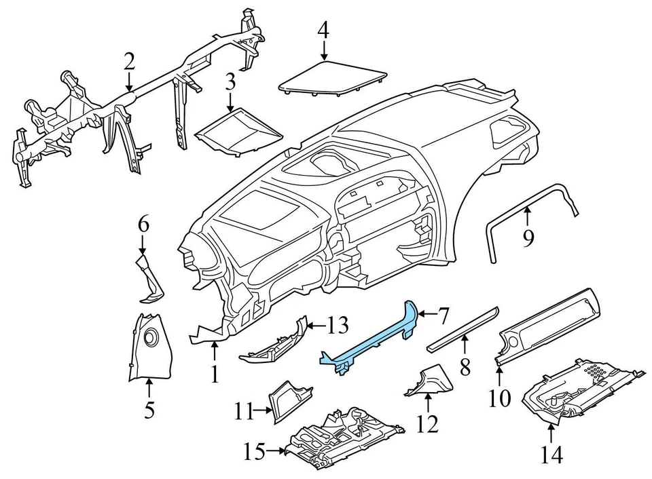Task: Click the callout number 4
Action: coord(323,30)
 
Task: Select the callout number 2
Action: coord(129,62)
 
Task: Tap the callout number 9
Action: coord(528,237)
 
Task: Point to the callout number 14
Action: coord(552,455)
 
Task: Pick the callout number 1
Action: coord(215,373)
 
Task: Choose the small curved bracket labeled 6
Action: coord(150,278)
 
